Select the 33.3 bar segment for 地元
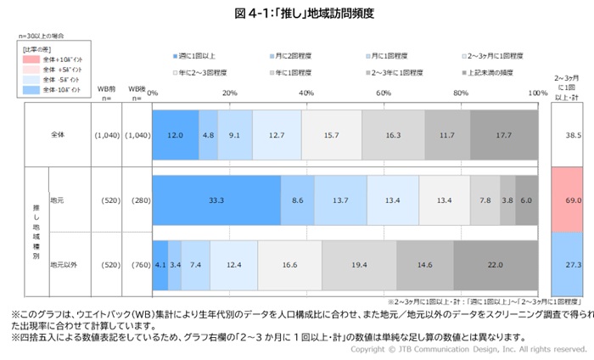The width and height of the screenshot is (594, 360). [216, 200]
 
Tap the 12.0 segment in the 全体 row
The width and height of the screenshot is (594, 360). [175, 134]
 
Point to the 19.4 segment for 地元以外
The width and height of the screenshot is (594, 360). [358, 264]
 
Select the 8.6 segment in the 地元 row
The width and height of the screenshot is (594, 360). [297, 200]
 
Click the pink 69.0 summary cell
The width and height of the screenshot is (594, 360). [567, 200]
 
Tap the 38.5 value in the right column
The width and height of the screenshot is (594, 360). [567, 134]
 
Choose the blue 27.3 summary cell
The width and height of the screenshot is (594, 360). [567, 264]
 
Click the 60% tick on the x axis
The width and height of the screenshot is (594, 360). [383, 93]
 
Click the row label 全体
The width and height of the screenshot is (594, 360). [57, 134]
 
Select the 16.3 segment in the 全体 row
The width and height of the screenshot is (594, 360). [393, 134]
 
